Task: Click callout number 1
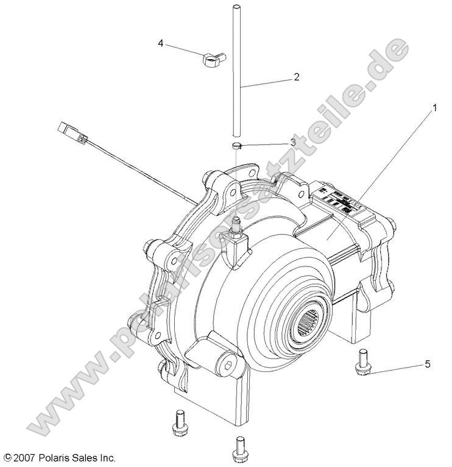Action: (435, 109)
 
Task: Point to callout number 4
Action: (161, 43)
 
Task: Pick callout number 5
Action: (427, 365)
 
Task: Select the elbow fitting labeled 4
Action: (210, 59)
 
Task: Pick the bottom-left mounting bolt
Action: (178, 423)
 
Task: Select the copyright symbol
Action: (7, 457)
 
